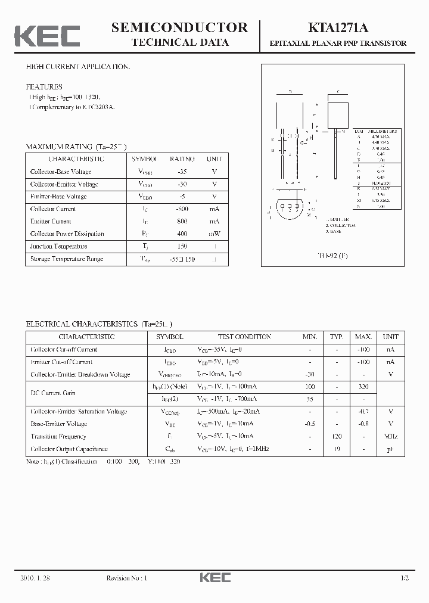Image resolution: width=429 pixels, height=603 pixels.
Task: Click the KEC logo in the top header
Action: (47, 35)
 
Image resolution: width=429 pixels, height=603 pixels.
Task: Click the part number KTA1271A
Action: (338, 28)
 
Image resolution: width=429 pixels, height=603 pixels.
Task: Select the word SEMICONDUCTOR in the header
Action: (179, 27)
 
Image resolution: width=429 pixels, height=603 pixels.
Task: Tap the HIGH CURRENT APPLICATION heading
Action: (77, 67)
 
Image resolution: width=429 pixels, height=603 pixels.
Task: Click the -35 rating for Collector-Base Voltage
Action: (182, 172)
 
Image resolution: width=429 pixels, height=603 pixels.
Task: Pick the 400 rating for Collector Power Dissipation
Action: (182, 234)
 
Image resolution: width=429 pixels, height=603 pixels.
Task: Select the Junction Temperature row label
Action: (58, 246)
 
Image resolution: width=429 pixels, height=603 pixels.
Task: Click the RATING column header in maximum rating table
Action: (182, 159)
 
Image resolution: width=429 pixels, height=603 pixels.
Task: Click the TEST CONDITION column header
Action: (244, 337)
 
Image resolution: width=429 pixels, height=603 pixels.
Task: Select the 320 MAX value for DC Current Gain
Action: (363, 387)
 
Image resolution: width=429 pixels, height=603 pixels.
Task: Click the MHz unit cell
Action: (391, 437)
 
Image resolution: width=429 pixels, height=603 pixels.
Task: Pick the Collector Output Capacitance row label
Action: (69, 449)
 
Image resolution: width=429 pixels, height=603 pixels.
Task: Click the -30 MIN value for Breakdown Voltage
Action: (310, 374)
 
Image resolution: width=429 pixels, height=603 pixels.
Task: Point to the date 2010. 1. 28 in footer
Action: (35, 578)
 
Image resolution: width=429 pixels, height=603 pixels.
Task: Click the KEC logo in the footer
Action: (214, 578)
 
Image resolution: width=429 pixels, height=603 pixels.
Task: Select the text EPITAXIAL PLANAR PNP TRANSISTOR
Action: (338, 43)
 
